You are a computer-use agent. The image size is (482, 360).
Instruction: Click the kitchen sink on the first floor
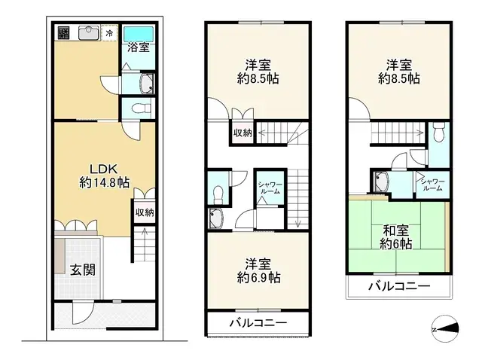(89, 33)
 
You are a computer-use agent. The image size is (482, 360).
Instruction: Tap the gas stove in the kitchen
(64, 33)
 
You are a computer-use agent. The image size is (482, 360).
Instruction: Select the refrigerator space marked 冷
(109, 33)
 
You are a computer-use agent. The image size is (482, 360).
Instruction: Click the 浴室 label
(139, 47)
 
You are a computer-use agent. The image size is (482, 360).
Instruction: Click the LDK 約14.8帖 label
(104, 175)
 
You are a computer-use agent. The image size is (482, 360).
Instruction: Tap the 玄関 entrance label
(83, 270)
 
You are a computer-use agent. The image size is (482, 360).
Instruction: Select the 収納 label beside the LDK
(145, 212)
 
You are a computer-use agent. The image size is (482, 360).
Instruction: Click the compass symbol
(445, 329)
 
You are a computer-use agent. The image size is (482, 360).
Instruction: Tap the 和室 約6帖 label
(396, 237)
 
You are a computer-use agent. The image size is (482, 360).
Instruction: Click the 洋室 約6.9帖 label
(258, 271)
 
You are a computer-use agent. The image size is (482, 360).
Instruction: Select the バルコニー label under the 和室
(399, 286)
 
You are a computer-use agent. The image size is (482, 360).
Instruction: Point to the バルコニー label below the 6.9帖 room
(258, 323)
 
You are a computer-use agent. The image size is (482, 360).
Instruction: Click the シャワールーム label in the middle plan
(270, 188)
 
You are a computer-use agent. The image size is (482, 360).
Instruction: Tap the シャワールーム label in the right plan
(432, 185)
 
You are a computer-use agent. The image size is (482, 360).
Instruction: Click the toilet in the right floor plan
(438, 132)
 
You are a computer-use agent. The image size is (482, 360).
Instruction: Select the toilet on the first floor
(142, 108)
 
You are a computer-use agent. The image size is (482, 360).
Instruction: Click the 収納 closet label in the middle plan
(243, 133)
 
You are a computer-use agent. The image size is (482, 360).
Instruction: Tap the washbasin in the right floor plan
(381, 182)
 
